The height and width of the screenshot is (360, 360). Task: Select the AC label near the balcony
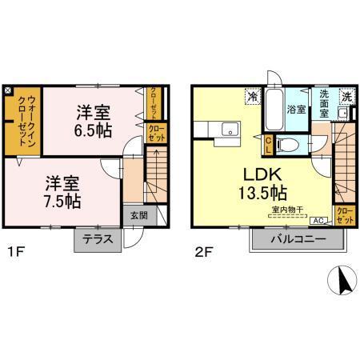[x=316, y=220]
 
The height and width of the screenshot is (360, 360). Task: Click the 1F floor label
[x=14, y=256]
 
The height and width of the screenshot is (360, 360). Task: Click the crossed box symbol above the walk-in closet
[x=8, y=90]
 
